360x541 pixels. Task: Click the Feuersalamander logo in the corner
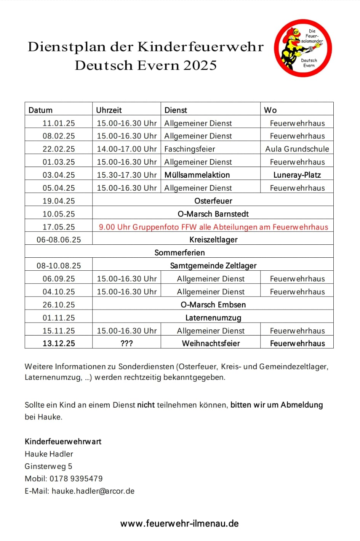[x=303, y=48]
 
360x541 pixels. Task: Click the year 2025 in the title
[x=200, y=65]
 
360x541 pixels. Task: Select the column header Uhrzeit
[x=109, y=110]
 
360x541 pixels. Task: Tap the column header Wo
[x=270, y=110]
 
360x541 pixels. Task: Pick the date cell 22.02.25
[x=59, y=149]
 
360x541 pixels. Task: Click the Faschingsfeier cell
[x=190, y=149]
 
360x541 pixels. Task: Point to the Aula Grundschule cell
[x=297, y=149]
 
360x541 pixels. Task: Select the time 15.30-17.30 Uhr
[x=126, y=175]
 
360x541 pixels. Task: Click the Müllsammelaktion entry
[x=197, y=175]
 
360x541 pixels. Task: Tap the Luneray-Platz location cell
[x=297, y=175]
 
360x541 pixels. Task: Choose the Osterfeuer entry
[x=213, y=201]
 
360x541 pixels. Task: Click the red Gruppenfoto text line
[x=213, y=227]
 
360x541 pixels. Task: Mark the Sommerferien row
[x=179, y=253]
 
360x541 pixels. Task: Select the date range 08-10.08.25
[x=59, y=266]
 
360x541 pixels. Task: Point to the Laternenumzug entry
[x=213, y=318]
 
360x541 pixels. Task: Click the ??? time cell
[x=126, y=344]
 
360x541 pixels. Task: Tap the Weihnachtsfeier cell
[x=211, y=344]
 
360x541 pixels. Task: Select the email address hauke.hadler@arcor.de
[x=93, y=491]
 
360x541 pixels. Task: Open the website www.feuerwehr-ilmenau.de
[x=179, y=523]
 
